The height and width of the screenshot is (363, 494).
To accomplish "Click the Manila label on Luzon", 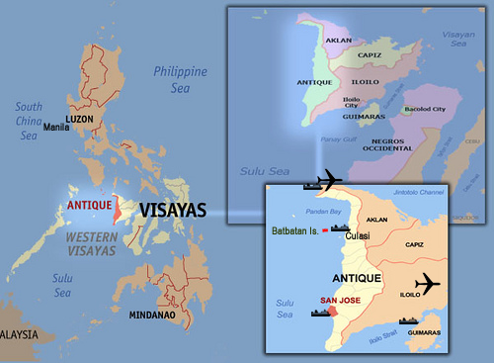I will coord(56,128).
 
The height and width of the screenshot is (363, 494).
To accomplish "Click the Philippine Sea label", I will coord(180,79).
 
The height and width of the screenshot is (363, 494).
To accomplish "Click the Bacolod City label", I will coord(424,108).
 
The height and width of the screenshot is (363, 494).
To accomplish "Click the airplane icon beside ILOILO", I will coord(428,283).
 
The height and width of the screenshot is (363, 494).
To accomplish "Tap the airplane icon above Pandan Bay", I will coord(326,180).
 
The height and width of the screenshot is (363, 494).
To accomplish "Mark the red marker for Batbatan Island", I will coord(325,230).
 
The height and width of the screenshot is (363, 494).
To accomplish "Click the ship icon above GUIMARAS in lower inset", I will coord(410,319).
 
